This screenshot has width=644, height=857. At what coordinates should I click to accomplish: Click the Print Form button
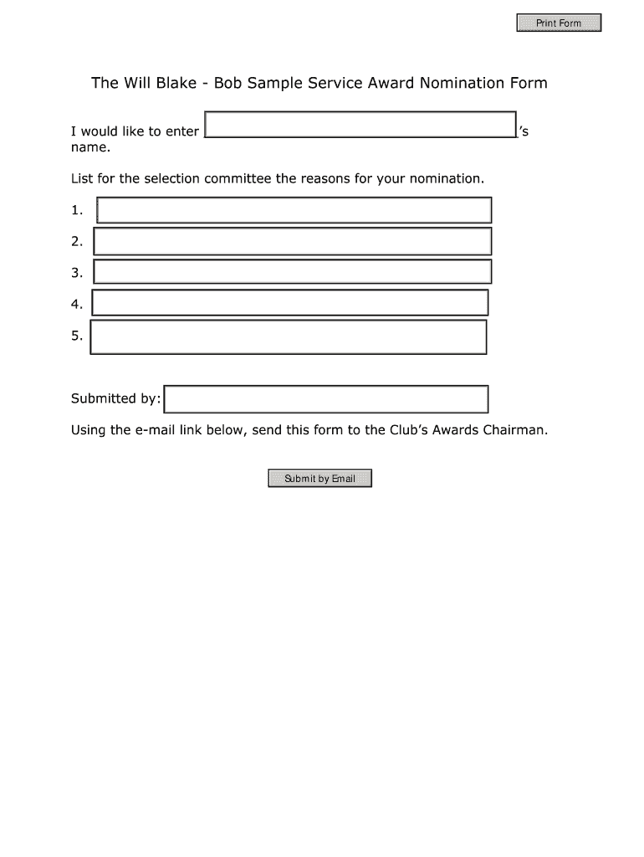(x=558, y=23)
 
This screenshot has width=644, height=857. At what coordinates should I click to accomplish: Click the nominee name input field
(x=360, y=124)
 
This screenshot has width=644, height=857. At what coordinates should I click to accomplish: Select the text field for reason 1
(x=294, y=210)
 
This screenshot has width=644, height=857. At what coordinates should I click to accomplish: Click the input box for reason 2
(x=293, y=241)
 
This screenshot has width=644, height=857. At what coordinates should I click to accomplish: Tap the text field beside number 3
(x=293, y=272)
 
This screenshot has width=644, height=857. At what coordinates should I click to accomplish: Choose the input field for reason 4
(x=290, y=303)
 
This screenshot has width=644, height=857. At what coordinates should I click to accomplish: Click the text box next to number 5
(x=289, y=336)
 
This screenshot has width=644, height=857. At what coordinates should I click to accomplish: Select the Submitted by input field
(x=326, y=399)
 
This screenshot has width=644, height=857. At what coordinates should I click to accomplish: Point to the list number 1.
(x=77, y=211)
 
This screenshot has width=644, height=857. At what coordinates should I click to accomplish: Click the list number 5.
(x=77, y=336)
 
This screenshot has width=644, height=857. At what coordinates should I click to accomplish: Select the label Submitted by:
(x=115, y=399)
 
